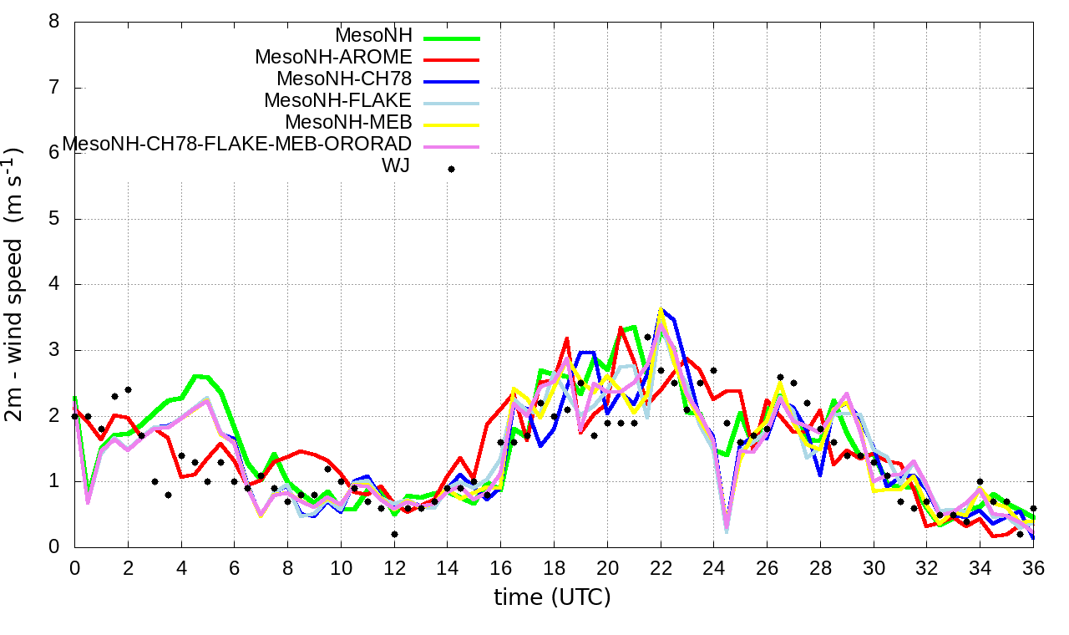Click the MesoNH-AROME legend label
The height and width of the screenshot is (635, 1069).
(x=333, y=58)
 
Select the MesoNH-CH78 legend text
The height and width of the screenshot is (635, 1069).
(x=344, y=79)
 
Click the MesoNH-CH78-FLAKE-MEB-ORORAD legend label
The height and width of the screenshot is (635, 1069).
(x=237, y=144)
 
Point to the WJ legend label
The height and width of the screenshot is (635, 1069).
(x=395, y=165)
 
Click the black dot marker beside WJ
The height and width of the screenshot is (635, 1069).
(x=451, y=169)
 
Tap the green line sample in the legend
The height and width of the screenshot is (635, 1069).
(x=451, y=38)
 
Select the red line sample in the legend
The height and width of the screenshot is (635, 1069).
(x=451, y=60)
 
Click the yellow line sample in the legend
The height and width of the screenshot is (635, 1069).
(x=451, y=125)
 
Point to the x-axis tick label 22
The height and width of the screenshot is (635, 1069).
(x=661, y=568)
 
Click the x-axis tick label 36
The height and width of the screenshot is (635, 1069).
(x=1033, y=568)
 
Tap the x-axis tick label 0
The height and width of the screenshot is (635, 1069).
(x=75, y=568)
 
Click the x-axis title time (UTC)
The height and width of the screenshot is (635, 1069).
(x=553, y=597)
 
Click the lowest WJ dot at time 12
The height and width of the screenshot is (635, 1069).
(x=394, y=534)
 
